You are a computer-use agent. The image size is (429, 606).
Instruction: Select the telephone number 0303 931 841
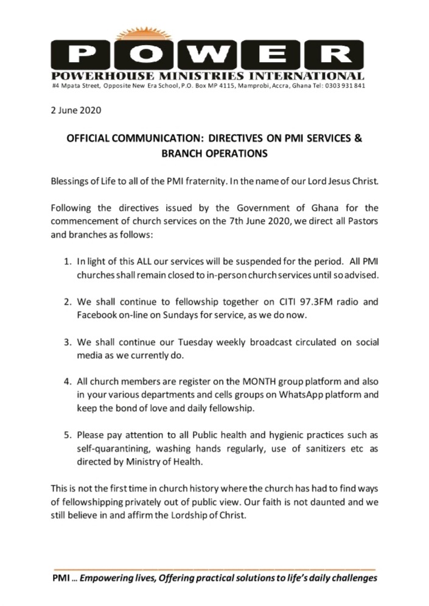tap(345, 86)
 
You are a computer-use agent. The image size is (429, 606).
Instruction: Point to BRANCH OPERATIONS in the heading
tap(214, 154)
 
